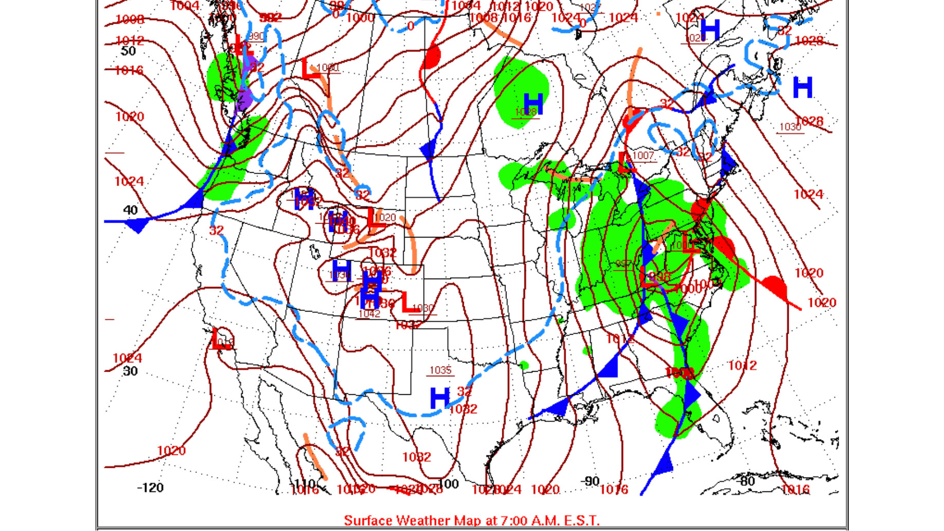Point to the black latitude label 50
[x=128, y=51]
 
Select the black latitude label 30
[x=130, y=371]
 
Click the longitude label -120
[x=150, y=487]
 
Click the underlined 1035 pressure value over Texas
[x=440, y=370]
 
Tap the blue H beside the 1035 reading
[x=440, y=398]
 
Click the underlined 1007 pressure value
[x=643, y=155]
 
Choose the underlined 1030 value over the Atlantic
[x=790, y=127]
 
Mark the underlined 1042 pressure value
[x=369, y=314]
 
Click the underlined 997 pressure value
[x=623, y=264]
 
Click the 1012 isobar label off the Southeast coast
[x=742, y=365]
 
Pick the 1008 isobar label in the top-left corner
[x=130, y=20]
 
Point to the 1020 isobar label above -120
[x=171, y=451]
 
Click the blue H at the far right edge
[x=803, y=87]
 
